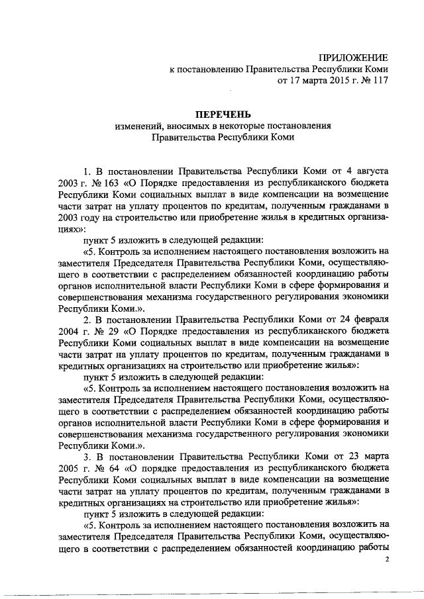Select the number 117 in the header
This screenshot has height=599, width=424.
coord(378,82)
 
